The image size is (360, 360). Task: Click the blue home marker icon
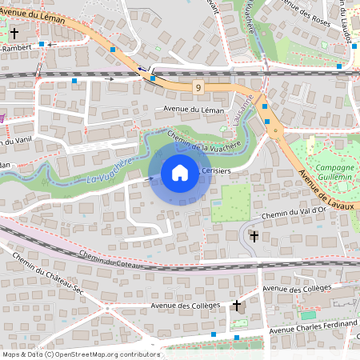point(180,173)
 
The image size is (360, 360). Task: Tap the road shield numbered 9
point(198,86)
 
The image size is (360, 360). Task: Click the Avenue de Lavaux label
point(327,195)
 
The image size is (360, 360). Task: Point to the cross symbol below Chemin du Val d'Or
point(254,237)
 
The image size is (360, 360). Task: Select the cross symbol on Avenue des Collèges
point(236,306)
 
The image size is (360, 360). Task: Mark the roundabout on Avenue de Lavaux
point(276,129)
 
